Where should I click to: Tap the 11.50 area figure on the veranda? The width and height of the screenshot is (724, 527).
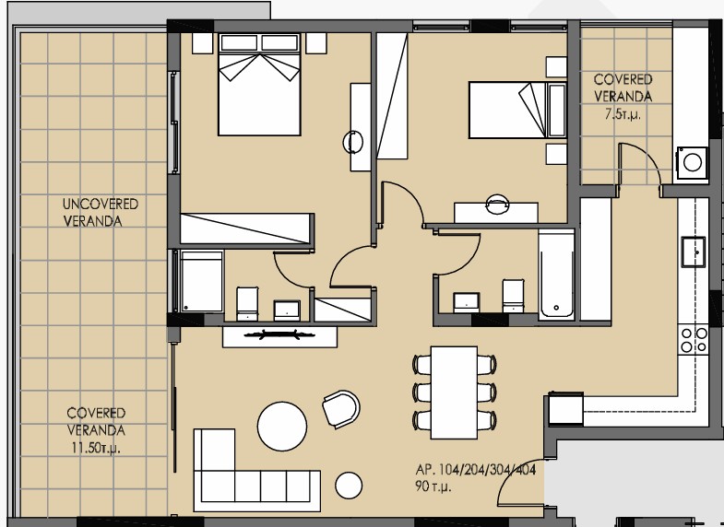click(x=95, y=448)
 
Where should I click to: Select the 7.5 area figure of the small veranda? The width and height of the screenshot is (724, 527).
click(x=623, y=114)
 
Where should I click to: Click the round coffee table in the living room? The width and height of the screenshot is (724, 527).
click(x=281, y=425)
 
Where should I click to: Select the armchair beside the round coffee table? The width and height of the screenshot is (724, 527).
click(x=340, y=409)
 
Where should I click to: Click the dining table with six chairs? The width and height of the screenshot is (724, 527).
click(x=455, y=392)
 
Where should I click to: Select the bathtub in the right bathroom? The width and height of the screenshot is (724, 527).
click(x=556, y=275)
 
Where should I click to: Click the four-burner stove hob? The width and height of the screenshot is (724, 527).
click(x=694, y=339)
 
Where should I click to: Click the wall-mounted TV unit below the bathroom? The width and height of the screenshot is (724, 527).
click(x=279, y=335)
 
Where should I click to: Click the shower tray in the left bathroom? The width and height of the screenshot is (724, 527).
click(x=201, y=281)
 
